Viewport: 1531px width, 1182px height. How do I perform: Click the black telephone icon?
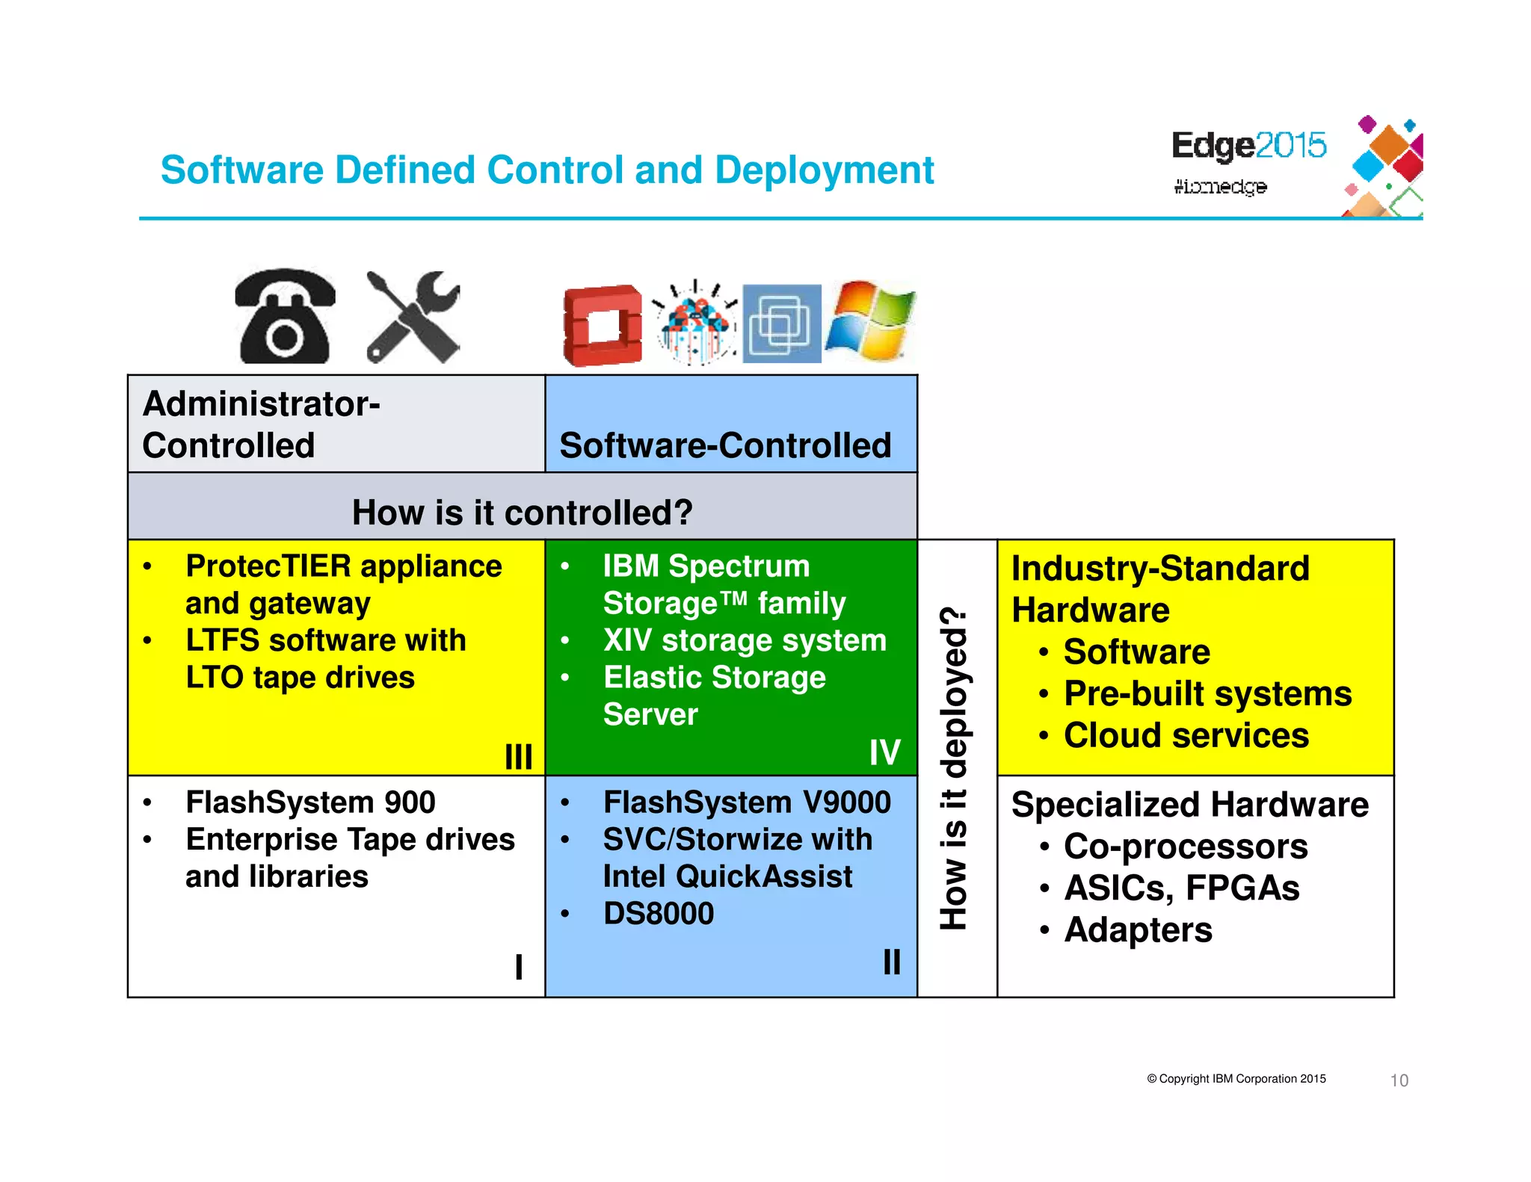click(284, 317)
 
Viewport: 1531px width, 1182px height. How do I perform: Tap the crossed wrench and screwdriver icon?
click(413, 317)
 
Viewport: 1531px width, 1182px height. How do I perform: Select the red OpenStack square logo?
click(603, 325)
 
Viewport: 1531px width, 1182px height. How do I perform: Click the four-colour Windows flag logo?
click(870, 321)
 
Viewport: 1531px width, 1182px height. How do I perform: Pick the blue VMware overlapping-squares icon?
click(781, 324)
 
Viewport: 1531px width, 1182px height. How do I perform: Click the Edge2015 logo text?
click(1248, 145)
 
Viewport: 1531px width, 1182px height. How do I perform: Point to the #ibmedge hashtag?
click(1220, 186)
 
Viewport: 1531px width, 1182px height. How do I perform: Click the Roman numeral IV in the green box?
click(884, 752)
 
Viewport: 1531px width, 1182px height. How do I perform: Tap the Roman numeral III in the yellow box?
click(518, 756)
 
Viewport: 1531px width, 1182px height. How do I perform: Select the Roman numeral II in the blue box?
click(891, 962)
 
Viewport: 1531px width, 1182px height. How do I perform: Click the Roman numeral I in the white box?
click(518, 966)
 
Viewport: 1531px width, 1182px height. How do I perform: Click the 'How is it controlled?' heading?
click(522, 513)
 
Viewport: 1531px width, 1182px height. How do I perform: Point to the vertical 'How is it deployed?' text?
click(955, 770)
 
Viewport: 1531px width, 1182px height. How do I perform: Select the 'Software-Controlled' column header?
click(725, 445)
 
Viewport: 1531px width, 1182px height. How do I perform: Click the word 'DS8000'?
click(658, 913)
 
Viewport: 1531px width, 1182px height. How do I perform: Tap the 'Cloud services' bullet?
click(1186, 735)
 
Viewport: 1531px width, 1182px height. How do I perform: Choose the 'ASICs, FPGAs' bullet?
click(1181, 888)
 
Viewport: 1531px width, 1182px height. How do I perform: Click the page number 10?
click(1399, 1080)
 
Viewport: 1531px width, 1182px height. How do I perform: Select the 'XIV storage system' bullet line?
click(744, 640)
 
